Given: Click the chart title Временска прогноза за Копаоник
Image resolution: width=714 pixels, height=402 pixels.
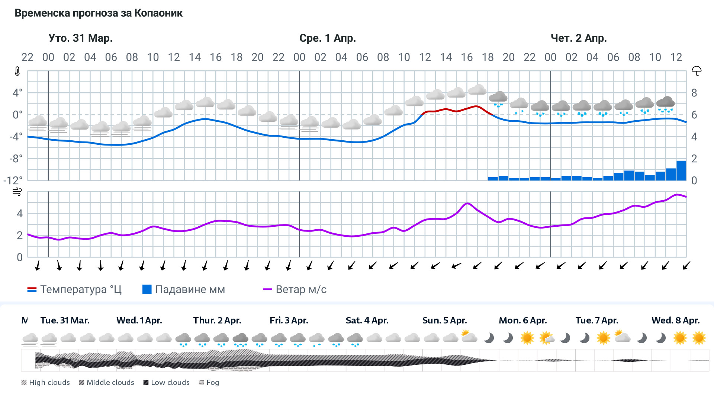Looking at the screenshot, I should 99,13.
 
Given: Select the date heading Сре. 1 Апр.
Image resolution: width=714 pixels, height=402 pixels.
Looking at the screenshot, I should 327,38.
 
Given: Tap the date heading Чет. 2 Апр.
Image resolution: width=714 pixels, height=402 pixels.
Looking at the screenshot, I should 578,38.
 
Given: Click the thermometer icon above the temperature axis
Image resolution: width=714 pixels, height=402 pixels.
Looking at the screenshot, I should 17,71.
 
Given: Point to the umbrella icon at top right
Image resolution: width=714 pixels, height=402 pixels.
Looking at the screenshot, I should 696,71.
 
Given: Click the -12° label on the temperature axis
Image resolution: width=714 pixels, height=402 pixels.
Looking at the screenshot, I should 13,181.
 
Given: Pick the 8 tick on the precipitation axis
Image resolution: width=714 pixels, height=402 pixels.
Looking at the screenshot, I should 694,93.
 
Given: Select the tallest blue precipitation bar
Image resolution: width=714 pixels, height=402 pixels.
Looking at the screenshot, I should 681,170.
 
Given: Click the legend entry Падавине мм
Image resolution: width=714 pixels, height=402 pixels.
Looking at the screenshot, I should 184,290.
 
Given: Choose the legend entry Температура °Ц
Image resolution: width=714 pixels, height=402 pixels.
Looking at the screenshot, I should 74,290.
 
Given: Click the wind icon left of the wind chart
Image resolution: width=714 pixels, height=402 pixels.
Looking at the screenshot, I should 17,192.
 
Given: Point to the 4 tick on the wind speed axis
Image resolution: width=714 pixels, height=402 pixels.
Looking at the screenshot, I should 20,214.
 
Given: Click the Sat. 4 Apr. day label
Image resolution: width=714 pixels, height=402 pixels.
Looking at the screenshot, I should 367,320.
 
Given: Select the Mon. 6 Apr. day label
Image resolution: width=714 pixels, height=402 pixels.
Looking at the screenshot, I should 522,320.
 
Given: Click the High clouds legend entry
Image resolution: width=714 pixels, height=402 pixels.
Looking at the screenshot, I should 46,382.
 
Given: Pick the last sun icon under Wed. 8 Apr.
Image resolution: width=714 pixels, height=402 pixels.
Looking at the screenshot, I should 699,338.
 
